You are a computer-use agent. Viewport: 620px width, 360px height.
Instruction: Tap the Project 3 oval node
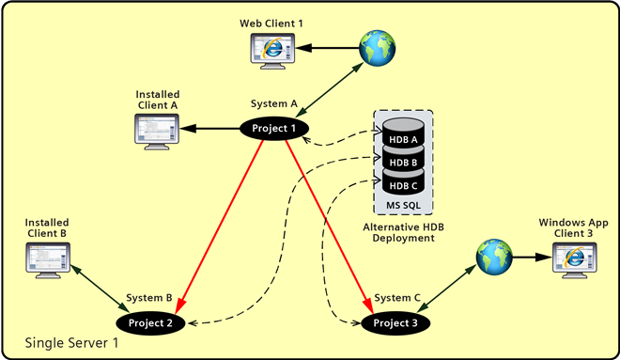coord(396,323)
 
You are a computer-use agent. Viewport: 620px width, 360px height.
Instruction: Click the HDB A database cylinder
coord(403,140)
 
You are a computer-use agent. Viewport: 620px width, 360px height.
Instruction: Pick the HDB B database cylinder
coord(403,162)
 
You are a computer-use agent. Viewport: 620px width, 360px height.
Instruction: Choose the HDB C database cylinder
coord(403,183)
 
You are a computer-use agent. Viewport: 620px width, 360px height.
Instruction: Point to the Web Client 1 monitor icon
coord(271,48)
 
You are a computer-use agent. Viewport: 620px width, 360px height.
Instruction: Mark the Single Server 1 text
coord(71,341)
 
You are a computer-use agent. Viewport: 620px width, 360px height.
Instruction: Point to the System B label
coord(150,298)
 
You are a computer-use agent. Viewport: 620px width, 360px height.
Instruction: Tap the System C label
coord(395,298)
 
